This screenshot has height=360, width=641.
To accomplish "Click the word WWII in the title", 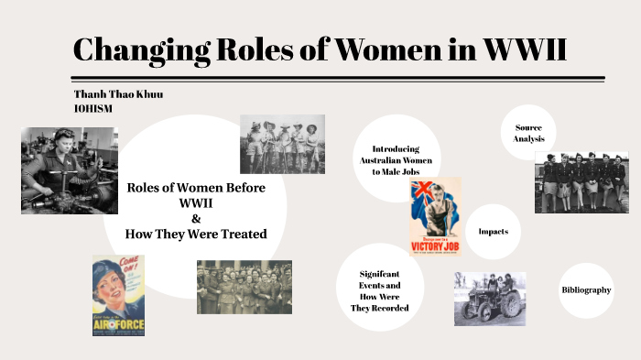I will click(x=516, y=49).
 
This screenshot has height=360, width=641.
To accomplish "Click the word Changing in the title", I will click(x=133, y=49).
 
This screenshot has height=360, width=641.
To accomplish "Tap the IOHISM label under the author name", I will click(x=92, y=108).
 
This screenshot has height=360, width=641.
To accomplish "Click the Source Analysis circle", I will click(x=529, y=133).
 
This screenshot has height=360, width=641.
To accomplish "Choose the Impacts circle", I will click(x=493, y=232).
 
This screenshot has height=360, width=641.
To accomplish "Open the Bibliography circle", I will click(x=586, y=290).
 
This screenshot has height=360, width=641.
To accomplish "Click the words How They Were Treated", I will click(x=196, y=234).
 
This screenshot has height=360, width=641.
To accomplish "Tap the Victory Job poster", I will click(x=434, y=216).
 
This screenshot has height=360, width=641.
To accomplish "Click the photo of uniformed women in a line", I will click(x=581, y=181).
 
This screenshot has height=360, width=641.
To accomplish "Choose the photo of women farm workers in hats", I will click(x=282, y=144).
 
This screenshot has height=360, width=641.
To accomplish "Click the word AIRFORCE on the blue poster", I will click(x=118, y=322).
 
